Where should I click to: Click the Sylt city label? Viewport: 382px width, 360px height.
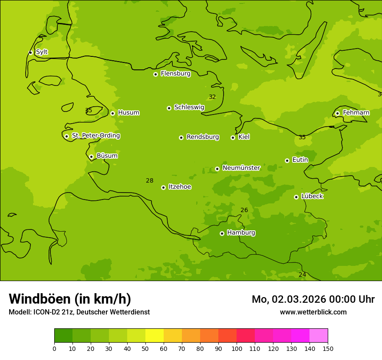click(42, 52)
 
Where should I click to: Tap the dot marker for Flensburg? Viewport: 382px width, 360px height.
click(155, 74)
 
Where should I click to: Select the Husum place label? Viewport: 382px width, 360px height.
click(128, 113)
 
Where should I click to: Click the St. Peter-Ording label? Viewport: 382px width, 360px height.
click(95, 136)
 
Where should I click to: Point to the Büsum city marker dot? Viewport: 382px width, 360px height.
click(91, 157)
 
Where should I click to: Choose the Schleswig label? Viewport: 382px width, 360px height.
click(189, 107)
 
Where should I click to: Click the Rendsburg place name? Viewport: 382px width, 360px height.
click(202, 137)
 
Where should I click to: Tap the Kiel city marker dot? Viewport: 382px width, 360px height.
click(233, 137)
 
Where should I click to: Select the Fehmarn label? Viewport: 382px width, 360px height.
click(356, 113)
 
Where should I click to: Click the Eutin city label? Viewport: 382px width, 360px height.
click(300, 160)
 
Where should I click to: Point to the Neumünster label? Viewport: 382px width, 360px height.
click(241, 168)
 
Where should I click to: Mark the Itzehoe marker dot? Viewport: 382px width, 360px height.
click(163, 187)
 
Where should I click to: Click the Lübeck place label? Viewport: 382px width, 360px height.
click(312, 196)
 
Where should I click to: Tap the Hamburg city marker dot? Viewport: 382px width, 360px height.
click(222, 233)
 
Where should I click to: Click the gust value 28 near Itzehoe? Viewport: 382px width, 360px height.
click(149, 181)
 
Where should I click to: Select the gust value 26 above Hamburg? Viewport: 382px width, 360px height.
click(244, 210)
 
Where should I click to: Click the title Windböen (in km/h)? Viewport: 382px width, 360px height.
click(70, 299)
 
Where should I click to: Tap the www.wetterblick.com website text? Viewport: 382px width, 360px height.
click(313, 312)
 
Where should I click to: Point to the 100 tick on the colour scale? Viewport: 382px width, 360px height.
click(237, 348)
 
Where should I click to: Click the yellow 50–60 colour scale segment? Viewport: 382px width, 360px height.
click(155, 335)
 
